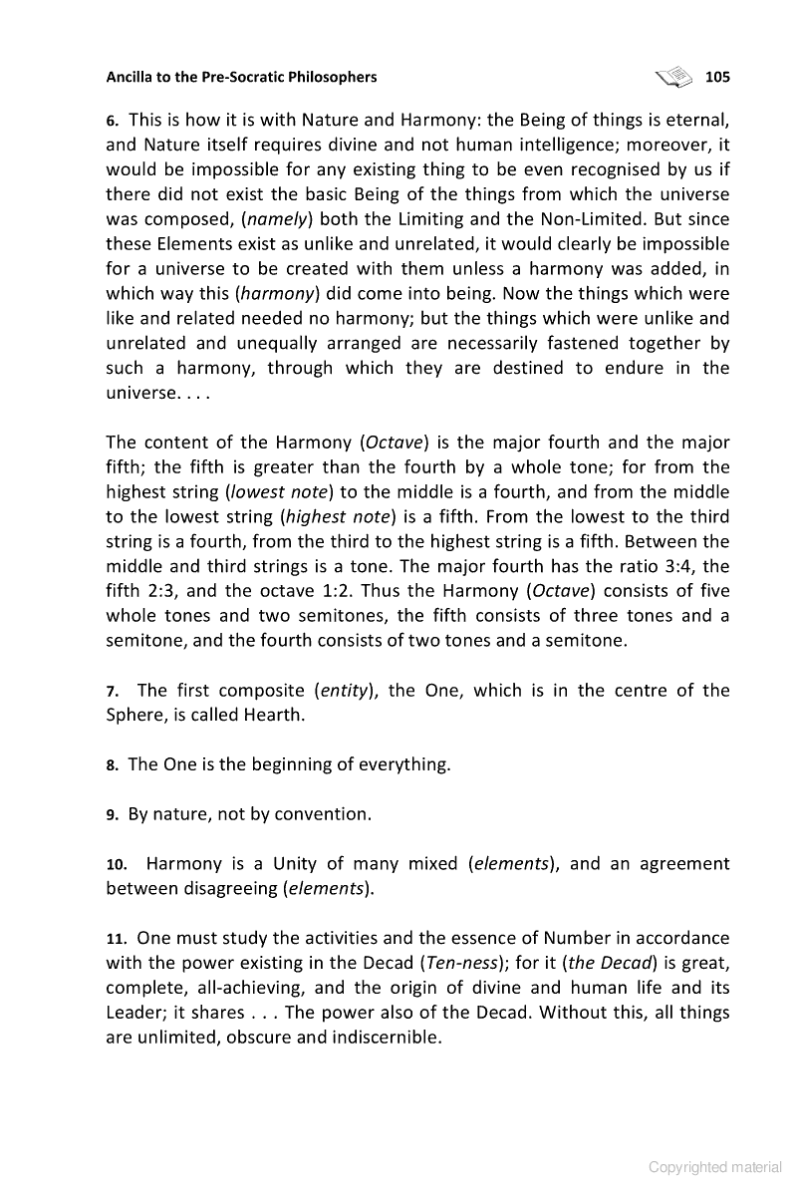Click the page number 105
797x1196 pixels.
(717, 77)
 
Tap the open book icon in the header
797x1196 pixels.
(673, 76)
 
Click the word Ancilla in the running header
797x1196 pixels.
(132, 77)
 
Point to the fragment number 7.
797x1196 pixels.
(113, 692)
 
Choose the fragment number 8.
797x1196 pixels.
(113, 765)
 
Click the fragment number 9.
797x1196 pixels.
(113, 815)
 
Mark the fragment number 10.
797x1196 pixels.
(116, 864)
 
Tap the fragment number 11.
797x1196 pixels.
(116, 939)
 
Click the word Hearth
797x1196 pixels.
(282, 716)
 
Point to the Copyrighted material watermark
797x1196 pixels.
(715, 1167)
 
